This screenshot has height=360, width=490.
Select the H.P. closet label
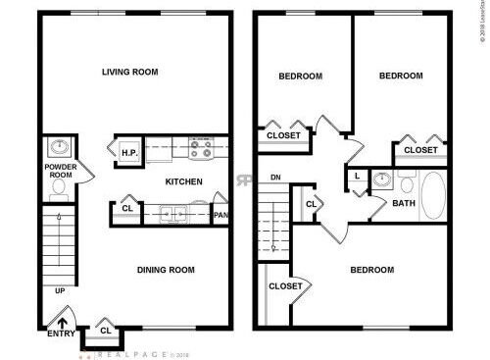point(129,152)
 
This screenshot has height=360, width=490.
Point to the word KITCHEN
point(183,181)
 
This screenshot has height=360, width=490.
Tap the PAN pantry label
point(221,215)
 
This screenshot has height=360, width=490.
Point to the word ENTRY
point(62,334)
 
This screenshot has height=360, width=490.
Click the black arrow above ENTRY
point(64,318)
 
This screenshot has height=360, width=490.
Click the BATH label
point(403,204)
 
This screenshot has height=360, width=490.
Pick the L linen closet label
point(357,177)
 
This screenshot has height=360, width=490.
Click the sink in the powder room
point(59,148)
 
